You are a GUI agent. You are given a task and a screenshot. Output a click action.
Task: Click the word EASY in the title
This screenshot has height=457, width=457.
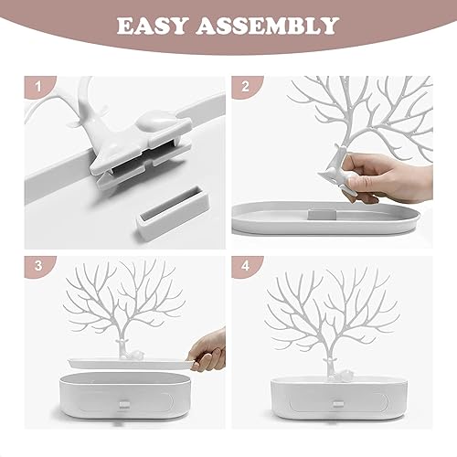pos(151,26)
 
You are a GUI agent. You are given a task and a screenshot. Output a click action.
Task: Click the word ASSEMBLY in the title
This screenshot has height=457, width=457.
pos(267,26)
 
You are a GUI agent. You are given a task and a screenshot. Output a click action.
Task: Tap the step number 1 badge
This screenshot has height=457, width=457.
pos(37,87)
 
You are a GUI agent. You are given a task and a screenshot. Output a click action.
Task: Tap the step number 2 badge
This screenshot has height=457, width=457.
pos(245,87)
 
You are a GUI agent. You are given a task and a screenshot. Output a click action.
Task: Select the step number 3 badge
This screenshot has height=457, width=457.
pos(37,265)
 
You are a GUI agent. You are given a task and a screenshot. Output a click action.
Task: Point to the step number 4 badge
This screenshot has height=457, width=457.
pos(246,265)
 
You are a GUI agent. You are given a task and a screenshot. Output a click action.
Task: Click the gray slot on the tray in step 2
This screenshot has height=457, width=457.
pos(322,214)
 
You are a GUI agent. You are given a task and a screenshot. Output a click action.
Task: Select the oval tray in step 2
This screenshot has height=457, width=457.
pos(325,218)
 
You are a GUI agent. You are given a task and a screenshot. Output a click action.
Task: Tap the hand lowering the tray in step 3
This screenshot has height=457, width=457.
pos(207,350)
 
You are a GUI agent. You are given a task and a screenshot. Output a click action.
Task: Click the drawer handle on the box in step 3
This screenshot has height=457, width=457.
pos(124,404)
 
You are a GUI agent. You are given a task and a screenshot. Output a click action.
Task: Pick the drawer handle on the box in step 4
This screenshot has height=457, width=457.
pos(338,404)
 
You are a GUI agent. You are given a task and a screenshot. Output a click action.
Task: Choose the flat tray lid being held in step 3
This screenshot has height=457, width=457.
pos(131,363)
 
